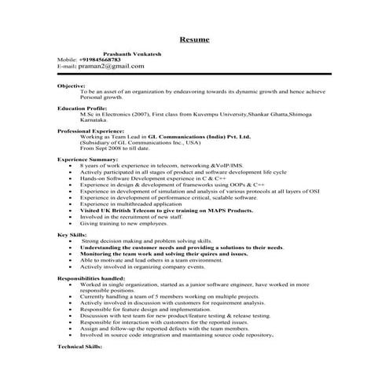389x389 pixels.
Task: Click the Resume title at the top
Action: coord(194,39)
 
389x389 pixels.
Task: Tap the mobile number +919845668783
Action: coord(101,60)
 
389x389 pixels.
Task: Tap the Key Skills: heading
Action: coord(74,234)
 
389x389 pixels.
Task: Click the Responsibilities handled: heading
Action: coord(93,279)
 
